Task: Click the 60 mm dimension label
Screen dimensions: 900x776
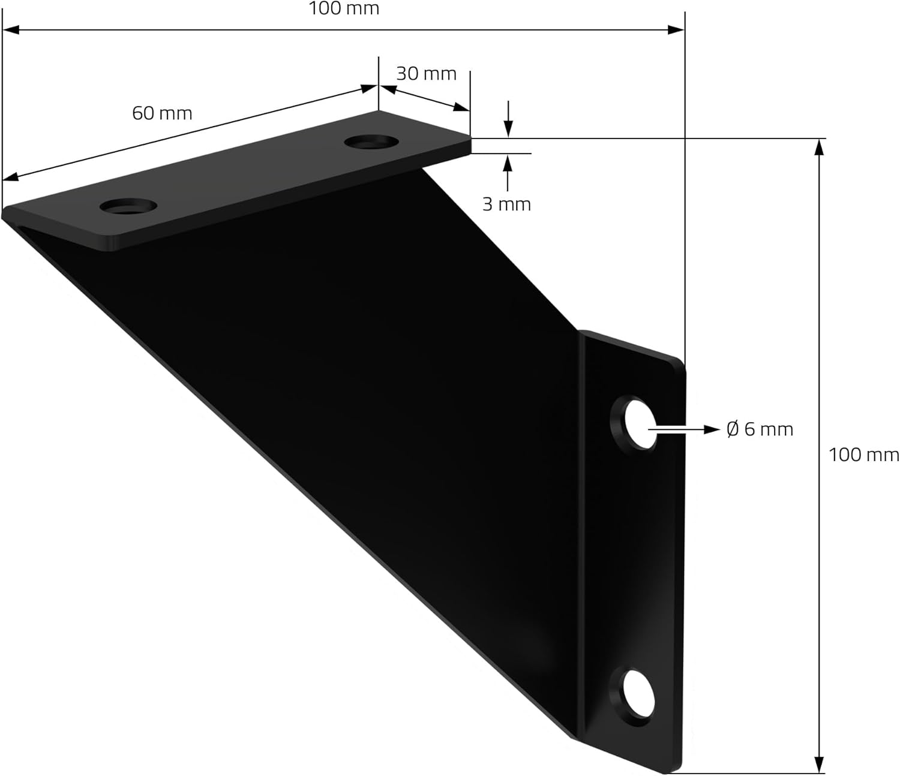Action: [162, 113]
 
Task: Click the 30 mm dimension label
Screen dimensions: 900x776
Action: [426, 74]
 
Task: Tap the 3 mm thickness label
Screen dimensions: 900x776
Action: [506, 204]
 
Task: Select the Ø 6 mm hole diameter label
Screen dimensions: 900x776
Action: [760, 429]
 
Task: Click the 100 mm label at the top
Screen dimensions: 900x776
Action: [344, 9]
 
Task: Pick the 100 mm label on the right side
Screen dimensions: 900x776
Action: [864, 455]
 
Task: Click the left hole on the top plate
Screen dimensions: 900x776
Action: [128, 206]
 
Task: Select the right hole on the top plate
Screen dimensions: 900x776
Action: [371, 142]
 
